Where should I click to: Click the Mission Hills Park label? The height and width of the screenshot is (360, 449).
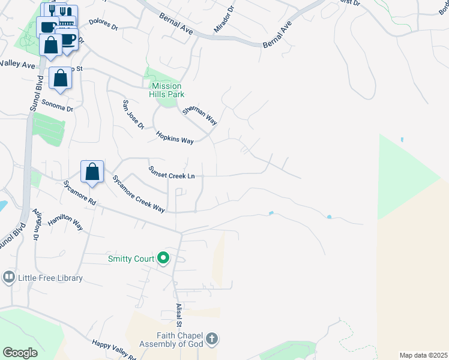[x=166, y=90]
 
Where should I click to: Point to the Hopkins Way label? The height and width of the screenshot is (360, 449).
[x=175, y=137]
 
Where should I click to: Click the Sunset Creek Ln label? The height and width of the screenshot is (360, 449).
[x=172, y=172]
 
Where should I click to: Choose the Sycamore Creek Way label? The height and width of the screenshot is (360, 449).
[x=139, y=194]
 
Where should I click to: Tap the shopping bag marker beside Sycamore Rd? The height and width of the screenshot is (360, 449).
[x=92, y=172]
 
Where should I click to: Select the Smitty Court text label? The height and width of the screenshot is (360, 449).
[x=130, y=259]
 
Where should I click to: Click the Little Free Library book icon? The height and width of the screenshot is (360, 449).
[x=8, y=277]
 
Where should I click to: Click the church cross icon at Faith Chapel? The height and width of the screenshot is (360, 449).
[x=211, y=340]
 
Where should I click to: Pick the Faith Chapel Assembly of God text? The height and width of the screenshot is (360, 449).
[x=172, y=340]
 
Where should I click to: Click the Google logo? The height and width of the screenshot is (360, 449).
[x=20, y=353]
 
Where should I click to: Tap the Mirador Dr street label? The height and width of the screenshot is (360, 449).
[x=225, y=22]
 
